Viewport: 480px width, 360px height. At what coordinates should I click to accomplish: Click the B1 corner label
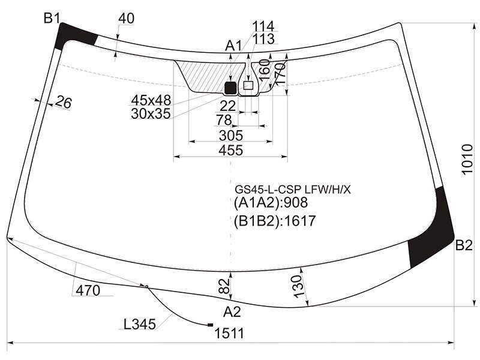click(x=52, y=19)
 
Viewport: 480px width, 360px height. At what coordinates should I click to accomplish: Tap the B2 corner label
click(x=464, y=245)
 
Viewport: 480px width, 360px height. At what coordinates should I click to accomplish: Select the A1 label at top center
click(x=233, y=46)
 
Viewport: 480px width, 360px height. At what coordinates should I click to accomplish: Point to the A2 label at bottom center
click(x=232, y=312)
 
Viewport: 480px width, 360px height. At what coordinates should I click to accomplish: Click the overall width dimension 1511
click(x=230, y=334)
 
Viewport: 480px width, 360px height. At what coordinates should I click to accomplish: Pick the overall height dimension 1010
click(x=467, y=159)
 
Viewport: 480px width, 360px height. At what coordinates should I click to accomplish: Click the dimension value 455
click(x=231, y=151)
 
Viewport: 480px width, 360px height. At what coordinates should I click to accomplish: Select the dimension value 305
click(x=231, y=136)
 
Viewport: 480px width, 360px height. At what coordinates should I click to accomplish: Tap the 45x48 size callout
click(x=151, y=100)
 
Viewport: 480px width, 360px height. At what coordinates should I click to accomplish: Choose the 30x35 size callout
click(x=151, y=114)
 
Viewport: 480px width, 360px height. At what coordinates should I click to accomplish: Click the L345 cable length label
click(x=140, y=324)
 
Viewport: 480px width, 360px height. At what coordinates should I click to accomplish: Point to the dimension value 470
click(x=88, y=290)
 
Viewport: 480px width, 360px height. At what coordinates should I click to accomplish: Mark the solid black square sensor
click(x=231, y=88)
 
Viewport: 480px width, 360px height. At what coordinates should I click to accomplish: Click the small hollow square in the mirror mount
click(x=248, y=85)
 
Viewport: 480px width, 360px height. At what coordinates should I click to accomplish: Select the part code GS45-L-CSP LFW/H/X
click(x=293, y=190)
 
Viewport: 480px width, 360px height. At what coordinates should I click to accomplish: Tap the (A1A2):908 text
click(x=271, y=203)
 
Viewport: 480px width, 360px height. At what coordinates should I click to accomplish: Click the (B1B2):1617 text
click(x=275, y=221)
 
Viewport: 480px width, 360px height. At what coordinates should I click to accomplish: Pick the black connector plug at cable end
click(x=211, y=325)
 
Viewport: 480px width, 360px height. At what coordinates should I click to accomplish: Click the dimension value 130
click(x=298, y=286)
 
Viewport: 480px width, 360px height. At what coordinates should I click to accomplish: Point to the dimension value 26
click(x=64, y=102)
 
